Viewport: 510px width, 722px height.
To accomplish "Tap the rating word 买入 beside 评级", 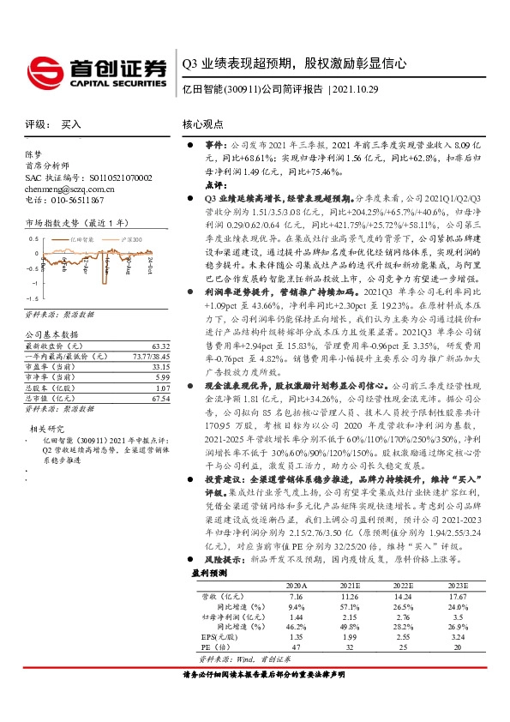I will coord(72,124).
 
